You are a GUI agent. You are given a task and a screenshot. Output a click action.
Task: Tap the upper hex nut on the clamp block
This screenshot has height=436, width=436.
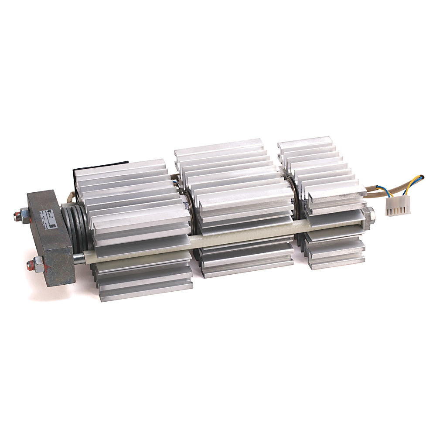[x=25, y=214]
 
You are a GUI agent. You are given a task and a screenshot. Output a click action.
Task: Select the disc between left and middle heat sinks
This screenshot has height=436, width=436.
[x=191, y=205]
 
